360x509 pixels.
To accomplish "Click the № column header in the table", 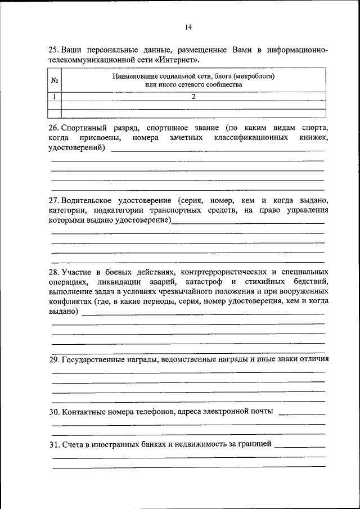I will (x=55, y=80).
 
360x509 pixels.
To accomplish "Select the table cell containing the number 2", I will (x=193, y=97).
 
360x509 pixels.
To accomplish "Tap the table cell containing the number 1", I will (x=55, y=97).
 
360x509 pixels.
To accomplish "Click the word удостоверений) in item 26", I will (x=76, y=148).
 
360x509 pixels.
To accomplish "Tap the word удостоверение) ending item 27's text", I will (x=143, y=221).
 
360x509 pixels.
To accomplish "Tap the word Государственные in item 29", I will (x=93, y=359).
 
